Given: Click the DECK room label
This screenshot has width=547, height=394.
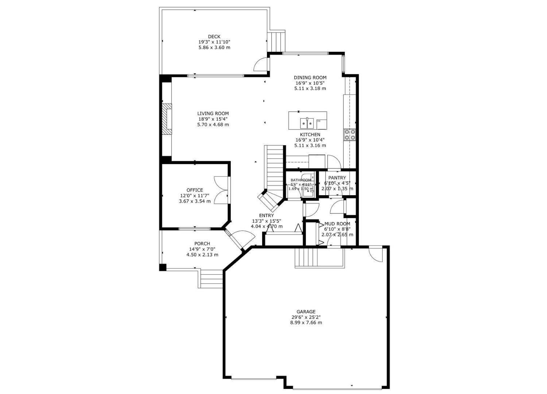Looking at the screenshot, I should pos(214,36).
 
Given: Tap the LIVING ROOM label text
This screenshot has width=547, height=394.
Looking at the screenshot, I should pos(213,113).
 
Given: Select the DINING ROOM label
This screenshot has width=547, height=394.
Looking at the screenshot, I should pos(310,77).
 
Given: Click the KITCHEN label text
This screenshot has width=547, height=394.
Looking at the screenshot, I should pos(310,135).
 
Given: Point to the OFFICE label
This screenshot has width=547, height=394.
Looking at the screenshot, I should pos(195,190).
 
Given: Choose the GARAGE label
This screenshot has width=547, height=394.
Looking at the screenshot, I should pos(306,312).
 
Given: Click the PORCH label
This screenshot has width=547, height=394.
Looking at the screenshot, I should pos(202,244).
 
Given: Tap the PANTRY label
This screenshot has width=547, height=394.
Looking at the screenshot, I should pos(337,178).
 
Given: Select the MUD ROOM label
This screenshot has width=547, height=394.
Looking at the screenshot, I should pos(337,224).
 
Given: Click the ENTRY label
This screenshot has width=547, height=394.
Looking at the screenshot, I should pos(266,216).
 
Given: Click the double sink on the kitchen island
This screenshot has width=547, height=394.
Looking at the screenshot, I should pos(307,123).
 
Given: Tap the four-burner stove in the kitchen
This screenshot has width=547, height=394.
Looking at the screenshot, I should pos(350,135).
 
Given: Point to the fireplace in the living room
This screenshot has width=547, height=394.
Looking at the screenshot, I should pos(167,119).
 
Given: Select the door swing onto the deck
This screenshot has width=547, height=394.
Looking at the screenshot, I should pos(261,65).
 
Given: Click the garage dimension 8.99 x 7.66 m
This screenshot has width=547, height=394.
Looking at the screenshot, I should pos(306,322).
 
